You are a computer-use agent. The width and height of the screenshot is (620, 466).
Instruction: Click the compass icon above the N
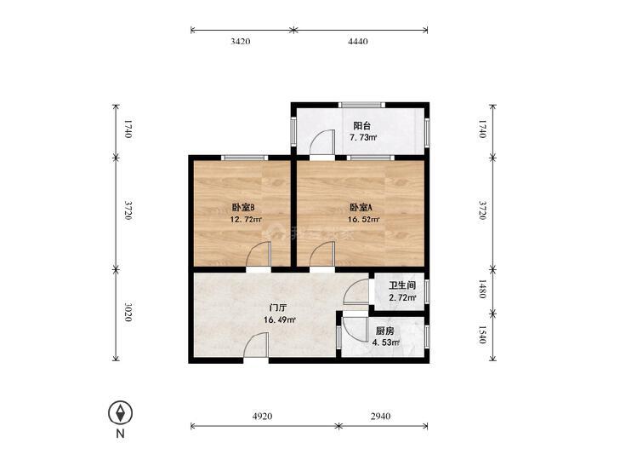[x=120, y=413]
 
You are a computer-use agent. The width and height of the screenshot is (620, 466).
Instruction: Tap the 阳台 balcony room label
[x=361, y=126]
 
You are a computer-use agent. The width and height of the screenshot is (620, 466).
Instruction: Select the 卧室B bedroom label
[x=242, y=207]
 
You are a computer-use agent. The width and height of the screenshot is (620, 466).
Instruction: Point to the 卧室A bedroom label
[x=361, y=207]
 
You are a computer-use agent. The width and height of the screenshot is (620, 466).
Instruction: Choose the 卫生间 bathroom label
[x=402, y=285]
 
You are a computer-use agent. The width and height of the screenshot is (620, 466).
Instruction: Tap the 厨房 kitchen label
[x=384, y=331]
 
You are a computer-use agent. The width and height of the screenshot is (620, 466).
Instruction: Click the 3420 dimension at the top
[x=241, y=41]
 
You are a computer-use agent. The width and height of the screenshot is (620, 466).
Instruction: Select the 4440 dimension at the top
[x=358, y=41]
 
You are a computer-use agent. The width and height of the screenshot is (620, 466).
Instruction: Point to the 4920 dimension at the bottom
[x=262, y=416]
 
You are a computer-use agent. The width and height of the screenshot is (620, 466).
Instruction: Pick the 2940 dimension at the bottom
[x=381, y=416]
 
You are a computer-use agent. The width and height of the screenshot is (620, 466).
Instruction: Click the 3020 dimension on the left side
[x=128, y=313]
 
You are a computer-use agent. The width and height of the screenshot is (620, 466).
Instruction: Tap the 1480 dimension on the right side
[x=482, y=289]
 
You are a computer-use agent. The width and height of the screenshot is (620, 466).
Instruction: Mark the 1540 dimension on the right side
[x=482, y=335]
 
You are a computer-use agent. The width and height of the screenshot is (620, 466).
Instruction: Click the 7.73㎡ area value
[x=363, y=138]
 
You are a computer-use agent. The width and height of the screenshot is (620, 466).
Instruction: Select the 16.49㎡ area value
[x=280, y=319]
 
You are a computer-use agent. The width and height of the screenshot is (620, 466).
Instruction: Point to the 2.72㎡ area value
[x=402, y=297]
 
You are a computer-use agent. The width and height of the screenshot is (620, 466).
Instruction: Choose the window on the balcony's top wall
[x=361, y=105]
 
